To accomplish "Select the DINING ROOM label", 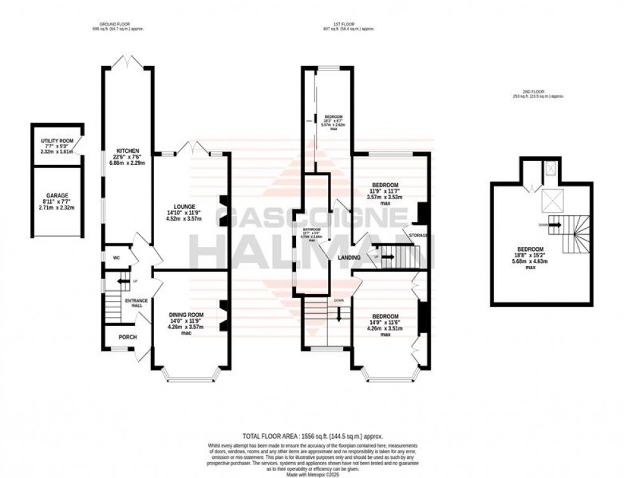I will coord(186,314).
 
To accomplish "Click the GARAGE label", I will coord(57,195).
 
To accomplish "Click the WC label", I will coord(117,258).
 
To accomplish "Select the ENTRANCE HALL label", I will coord(136,303).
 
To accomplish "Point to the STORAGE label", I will coord(418,235).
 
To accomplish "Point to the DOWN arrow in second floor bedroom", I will coord(551,224).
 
